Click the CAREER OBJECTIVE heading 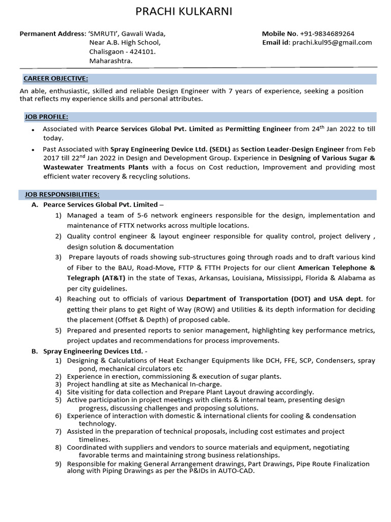coord(56,79)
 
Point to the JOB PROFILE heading coord(46,117)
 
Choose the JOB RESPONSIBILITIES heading coord(62,195)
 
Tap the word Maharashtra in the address coord(110,61)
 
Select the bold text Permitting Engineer coord(259,129)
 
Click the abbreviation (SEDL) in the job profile coord(219,149)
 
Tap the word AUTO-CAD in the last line coord(238,471)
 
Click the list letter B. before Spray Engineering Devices coord(35,351)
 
